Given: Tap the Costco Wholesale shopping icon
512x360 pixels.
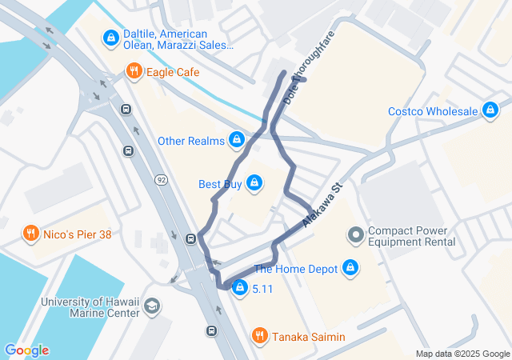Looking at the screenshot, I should click(490, 110).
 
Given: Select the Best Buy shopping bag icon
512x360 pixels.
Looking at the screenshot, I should click(254, 184).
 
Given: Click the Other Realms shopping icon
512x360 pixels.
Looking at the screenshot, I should click(236, 141).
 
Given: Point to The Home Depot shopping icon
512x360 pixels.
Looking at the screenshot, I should click(350, 269).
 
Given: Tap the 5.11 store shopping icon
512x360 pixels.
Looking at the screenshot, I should click(239, 288).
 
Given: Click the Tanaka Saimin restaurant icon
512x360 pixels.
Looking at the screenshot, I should click(260, 337).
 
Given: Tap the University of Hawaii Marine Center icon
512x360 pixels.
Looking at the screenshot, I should click(152, 306).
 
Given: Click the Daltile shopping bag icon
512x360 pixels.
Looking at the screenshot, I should click(110, 37).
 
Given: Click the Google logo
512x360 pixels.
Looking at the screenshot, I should click(26, 350).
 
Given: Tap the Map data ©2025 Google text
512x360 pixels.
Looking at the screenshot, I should click(462, 354).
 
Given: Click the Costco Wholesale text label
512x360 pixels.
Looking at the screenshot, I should click(433, 111).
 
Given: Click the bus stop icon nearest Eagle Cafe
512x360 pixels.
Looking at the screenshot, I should click(126, 110).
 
